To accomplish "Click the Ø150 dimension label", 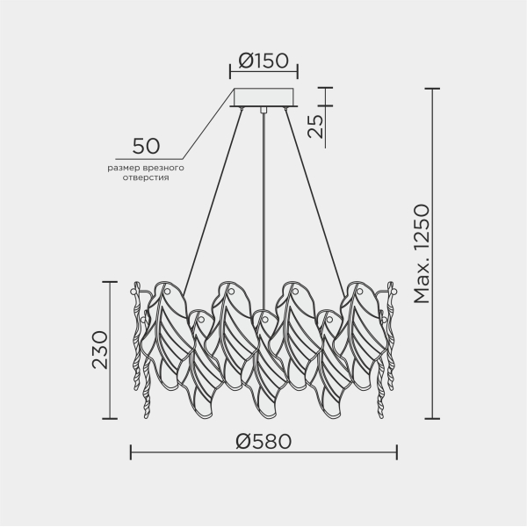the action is coord(263,61).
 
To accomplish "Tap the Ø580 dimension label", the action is coord(263,441).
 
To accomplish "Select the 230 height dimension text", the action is coord(100,350).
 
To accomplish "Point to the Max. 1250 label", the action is coord(422,254).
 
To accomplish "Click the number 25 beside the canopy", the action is coord(315,126).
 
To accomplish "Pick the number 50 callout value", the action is coord(146,146).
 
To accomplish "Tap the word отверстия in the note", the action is coord(146,177).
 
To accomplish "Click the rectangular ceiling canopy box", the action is coord(263,97).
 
